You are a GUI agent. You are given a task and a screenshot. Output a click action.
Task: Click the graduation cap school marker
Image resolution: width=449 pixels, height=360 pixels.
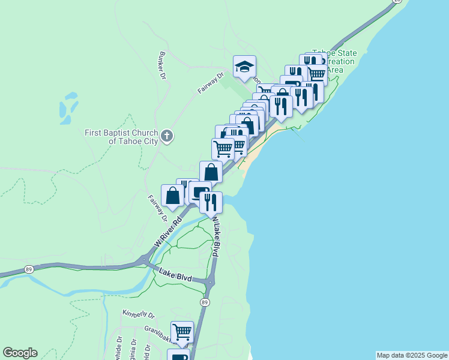(244, 67)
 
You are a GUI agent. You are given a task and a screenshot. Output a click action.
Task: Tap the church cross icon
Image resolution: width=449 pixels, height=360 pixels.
(167, 136)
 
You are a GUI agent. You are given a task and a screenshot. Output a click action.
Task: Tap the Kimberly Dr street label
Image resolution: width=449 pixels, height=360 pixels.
(139, 314)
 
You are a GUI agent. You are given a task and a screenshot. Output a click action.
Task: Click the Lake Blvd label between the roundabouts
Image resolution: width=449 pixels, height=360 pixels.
(175, 275)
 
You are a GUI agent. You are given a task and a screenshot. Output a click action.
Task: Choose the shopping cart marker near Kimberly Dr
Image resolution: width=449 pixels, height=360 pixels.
(182, 331)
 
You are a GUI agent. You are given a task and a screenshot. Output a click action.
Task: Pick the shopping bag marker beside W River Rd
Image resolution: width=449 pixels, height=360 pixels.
(173, 196)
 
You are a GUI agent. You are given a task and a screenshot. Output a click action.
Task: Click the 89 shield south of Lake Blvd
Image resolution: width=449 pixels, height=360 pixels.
(205, 302)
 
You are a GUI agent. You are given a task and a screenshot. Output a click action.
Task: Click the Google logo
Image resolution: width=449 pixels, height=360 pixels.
(20, 353)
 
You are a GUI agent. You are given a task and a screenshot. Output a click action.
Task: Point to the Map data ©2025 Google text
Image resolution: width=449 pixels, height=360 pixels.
(412, 355)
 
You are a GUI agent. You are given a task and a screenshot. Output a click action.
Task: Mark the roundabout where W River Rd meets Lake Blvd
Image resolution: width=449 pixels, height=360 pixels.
(145, 260)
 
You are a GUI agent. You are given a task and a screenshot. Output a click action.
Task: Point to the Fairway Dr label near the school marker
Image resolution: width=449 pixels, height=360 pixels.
(211, 83)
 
